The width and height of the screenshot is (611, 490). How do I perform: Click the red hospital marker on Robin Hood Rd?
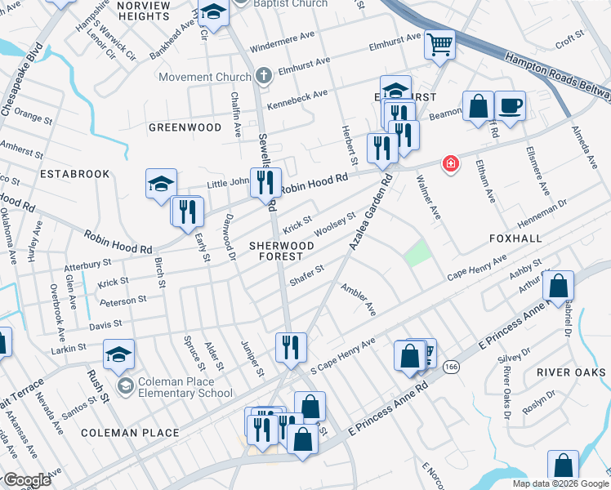click(449, 164)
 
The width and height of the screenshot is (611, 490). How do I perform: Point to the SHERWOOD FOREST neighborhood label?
click(282, 251)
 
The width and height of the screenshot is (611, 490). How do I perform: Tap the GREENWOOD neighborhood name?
click(185, 127)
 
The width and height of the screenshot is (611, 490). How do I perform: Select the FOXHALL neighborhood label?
click(515, 239)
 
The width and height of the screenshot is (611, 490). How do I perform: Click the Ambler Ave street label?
click(358, 300)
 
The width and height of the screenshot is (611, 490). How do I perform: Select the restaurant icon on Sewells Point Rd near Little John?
click(265, 182)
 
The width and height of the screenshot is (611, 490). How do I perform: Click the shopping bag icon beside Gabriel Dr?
click(559, 287)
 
